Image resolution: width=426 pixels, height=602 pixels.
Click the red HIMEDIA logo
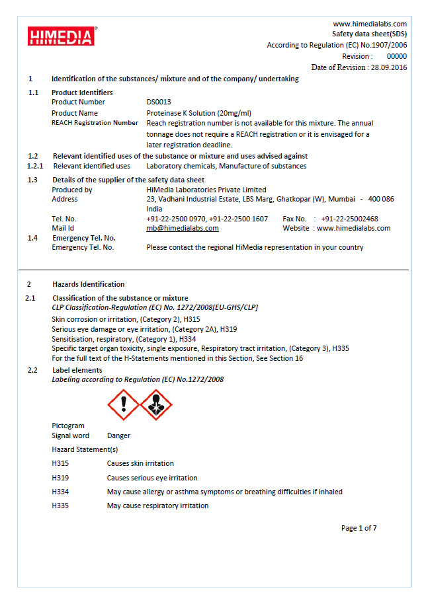61,36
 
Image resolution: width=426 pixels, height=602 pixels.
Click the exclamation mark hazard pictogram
123,405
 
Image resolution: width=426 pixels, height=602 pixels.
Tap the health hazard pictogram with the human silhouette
156,405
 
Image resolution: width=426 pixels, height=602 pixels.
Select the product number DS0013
159,102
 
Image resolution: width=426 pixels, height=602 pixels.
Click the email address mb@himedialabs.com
183,229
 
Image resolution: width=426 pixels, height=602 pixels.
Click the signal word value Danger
118,436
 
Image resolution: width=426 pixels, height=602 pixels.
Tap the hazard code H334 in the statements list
60,492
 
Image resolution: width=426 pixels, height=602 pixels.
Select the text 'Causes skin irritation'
140,464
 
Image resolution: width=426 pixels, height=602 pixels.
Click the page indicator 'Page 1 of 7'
359,528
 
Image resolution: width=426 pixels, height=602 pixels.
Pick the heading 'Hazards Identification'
88,284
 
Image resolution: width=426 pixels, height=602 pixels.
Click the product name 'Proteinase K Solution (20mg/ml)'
198,113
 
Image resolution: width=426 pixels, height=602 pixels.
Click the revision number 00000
396,57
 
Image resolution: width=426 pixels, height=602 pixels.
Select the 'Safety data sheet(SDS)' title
369,34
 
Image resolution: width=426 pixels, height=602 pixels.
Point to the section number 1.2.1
34,166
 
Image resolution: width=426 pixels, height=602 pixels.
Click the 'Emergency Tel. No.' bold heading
84,238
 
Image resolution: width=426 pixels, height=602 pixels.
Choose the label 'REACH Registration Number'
95,123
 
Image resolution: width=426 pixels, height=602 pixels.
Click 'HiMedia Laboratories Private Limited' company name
206,190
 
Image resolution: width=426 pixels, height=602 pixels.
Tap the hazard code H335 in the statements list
60,506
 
